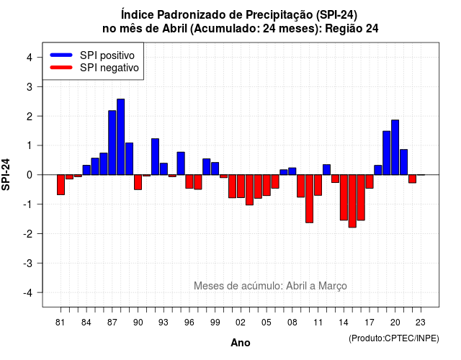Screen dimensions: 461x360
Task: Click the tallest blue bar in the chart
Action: pyautogui.click(x=120, y=137)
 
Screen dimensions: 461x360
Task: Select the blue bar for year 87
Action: pyautogui.click(x=112, y=143)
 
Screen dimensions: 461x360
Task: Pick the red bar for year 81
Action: pyautogui.click(x=61, y=184)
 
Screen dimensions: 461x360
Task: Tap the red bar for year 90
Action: pyautogui.click(x=138, y=182)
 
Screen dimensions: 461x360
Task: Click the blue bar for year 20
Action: pyautogui.click(x=395, y=147)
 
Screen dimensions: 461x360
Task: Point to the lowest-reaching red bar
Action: pyautogui.click(x=352, y=201)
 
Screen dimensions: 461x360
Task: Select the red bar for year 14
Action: pyautogui.click(x=344, y=197)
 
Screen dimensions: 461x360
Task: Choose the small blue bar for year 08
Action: pyautogui.click(x=292, y=171)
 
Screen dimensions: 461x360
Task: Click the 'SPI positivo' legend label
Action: pyautogui.click(x=107, y=55)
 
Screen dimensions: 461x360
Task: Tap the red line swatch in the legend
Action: pyautogui.click(x=61, y=67)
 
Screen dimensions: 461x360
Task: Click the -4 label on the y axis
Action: pyautogui.click(x=28, y=292)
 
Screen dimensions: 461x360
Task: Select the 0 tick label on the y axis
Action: pyautogui.click(x=30, y=175)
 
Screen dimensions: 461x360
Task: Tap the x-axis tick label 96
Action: pyautogui.click(x=189, y=323)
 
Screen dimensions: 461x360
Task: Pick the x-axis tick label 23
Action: pyautogui.click(x=421, y=323)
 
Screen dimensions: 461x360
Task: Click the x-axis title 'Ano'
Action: pyautogui.click(x=241, y=343)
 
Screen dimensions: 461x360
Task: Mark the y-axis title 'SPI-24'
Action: pyautogui.click(x=6, y=174)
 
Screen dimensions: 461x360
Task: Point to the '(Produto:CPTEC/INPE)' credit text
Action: pyautogui.click(x=394, y=338)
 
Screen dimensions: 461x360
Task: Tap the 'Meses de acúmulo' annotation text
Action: pyautogui.click(x=238, y=286)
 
